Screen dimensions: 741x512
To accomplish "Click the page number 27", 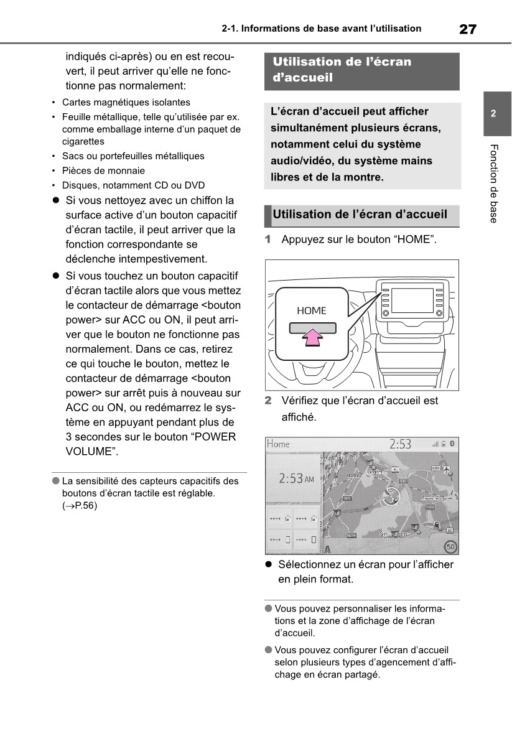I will [x=468, y=29].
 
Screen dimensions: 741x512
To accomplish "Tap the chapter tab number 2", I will [x=493, y=114].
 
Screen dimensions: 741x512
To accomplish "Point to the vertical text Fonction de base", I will [x=493, y=183].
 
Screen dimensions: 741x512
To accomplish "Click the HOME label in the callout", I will [x=311, y=310].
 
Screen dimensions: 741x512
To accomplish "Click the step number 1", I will [x=268, y=239].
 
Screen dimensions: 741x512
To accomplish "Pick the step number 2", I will [x=268, y=401].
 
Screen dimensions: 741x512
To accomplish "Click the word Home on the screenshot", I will [x=279, y=444].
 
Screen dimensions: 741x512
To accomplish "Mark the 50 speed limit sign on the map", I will [x=450, y=547].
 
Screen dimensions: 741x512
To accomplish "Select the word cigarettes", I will [x=83, y=141].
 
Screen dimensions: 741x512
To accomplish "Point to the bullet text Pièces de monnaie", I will [x=103, y=170].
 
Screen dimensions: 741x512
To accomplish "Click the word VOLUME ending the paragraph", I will [x=91, y=452].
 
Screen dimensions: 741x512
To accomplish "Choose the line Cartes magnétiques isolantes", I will [x=126, y=102].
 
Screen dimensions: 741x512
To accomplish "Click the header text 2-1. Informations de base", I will [x=320, y=29].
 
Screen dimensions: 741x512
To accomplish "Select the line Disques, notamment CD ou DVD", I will [x=133, y=185].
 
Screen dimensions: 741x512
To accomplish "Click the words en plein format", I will [x=315, y=579].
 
